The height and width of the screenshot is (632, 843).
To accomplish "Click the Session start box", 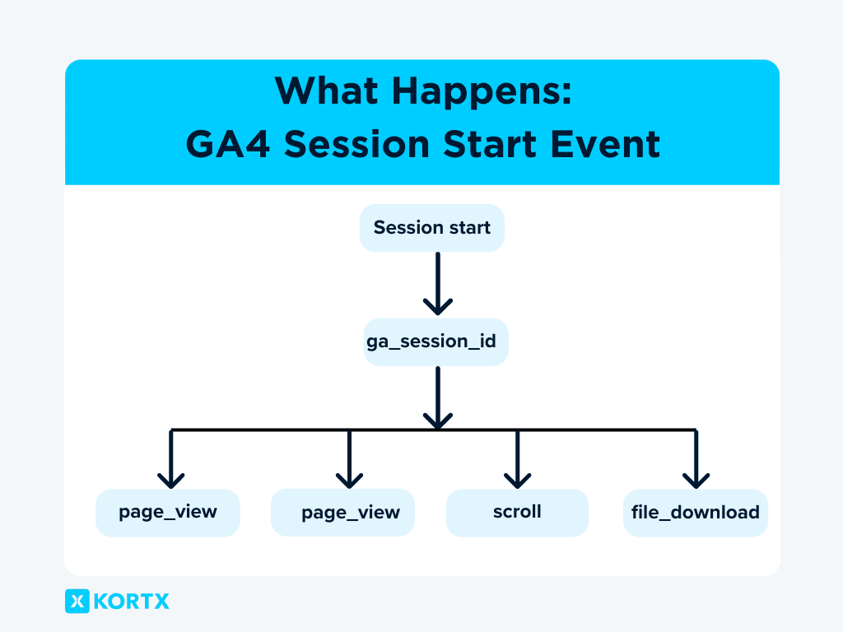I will (431, 228).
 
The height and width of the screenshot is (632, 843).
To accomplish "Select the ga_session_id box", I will (435, 342).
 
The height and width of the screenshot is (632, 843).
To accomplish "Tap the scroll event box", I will (517, 513).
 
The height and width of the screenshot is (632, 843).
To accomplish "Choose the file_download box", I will (695, 513).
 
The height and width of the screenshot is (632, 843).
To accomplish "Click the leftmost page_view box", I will (167, 513).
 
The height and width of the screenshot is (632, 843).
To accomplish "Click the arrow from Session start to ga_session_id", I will (437, 284).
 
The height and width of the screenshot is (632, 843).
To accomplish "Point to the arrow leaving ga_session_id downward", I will (437, 397).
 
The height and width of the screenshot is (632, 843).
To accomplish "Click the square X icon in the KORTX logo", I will (77, 601).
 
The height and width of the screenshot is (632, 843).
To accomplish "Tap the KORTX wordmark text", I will (132, 602).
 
